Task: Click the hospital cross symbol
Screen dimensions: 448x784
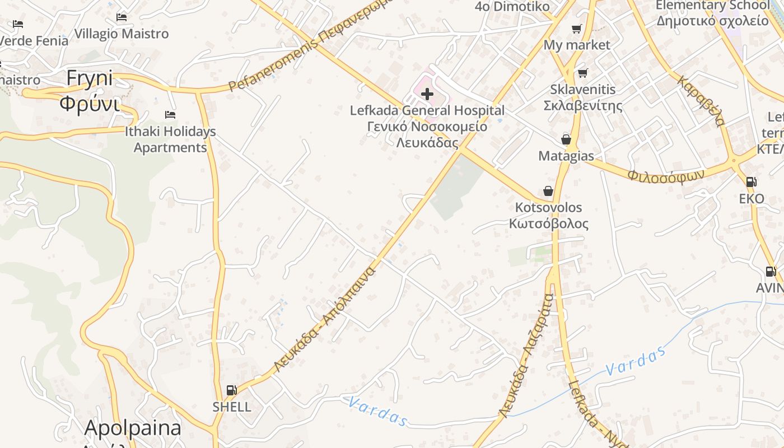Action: [427, 94]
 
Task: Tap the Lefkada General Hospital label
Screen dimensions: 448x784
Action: [427, 110]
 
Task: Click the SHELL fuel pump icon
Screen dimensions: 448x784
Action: [231, 390]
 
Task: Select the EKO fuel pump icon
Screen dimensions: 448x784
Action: [751, 182]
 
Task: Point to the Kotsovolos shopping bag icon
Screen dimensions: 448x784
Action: [548, 192]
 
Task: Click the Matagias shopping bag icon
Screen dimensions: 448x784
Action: [566, 139]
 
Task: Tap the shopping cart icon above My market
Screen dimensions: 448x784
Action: [577, 29]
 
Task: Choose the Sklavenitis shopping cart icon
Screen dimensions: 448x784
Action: [583, 73]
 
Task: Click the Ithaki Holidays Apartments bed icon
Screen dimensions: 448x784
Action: [170, 115]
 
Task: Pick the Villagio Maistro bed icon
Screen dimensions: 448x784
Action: [121, 17]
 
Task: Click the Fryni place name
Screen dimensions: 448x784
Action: [90, 79]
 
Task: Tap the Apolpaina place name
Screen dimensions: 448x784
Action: [133, 428]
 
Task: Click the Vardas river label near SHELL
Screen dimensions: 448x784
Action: [377, 411]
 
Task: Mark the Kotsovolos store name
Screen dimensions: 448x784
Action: [548, 208]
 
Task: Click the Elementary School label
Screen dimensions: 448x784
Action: [712, 6]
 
